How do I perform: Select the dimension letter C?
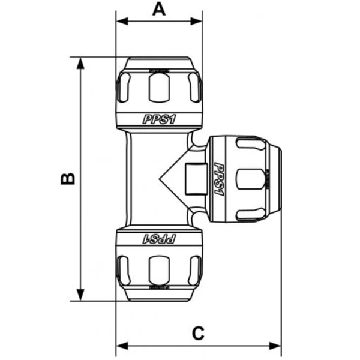[x=199, y=332]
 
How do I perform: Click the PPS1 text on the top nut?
[x=159, y=119]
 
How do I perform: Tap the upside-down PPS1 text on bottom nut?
[x=159, y=239]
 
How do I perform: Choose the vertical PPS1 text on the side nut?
[x=219, y=179]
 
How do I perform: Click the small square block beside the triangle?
[x=194, y=179]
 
